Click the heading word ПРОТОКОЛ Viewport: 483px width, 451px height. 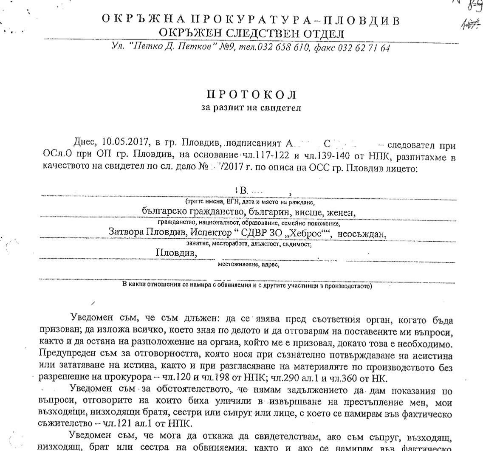[x=251, y=94]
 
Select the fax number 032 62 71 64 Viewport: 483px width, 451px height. [x=364, y=48]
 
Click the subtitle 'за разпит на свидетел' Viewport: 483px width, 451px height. [x=251, y=107]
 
